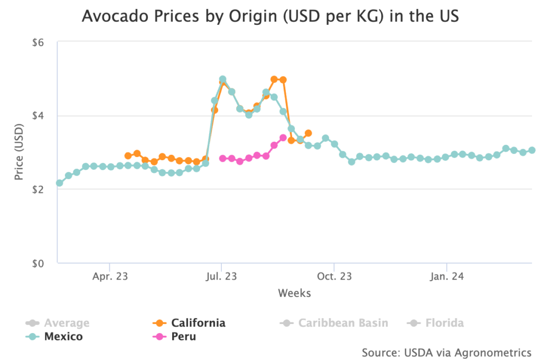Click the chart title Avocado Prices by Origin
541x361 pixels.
pos(270,16)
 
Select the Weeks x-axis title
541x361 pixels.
pos(294,293)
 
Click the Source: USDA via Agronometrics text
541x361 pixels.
pos(446,352)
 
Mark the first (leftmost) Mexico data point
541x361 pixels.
pos(59,183)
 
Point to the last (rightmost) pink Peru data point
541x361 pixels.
pos(283,137)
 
